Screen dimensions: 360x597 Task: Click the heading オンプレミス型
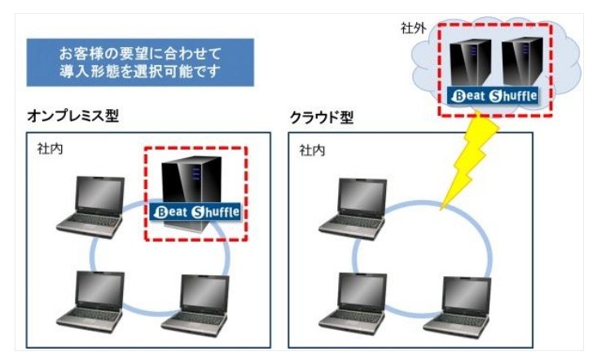[72, 116]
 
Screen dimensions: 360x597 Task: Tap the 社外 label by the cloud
[414, 28]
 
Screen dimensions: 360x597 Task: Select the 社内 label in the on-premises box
[49, 151]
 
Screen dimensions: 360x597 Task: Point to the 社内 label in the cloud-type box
[313, 151]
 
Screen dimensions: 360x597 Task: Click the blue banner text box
[135, 62]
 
